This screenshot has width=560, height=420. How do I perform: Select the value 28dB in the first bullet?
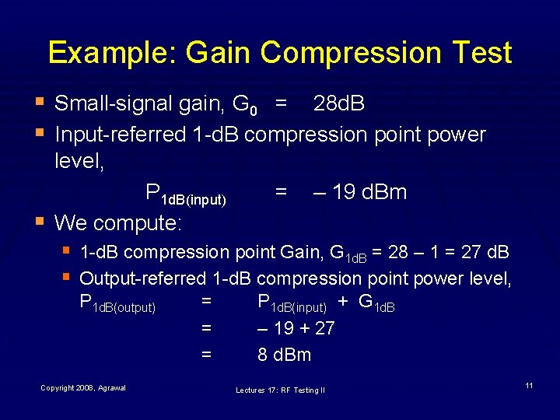click(338, 103)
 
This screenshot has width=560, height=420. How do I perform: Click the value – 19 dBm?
click(359, 192)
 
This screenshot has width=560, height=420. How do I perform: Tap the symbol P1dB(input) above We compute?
click(186, 194)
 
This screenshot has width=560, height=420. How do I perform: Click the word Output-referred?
click(142, 278)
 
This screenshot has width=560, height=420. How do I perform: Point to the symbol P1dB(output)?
click(117, 304)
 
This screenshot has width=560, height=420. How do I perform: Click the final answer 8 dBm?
click(285, 355)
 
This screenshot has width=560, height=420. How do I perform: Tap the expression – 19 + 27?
click(296, 328)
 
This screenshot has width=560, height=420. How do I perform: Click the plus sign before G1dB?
click(342, 303)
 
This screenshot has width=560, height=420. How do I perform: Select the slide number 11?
click(529, 386)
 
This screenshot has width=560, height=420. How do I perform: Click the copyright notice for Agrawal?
click(83, 387)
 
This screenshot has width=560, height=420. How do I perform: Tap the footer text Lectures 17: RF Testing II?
click(281, 390)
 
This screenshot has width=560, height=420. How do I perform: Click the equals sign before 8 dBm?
click(206, 355)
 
